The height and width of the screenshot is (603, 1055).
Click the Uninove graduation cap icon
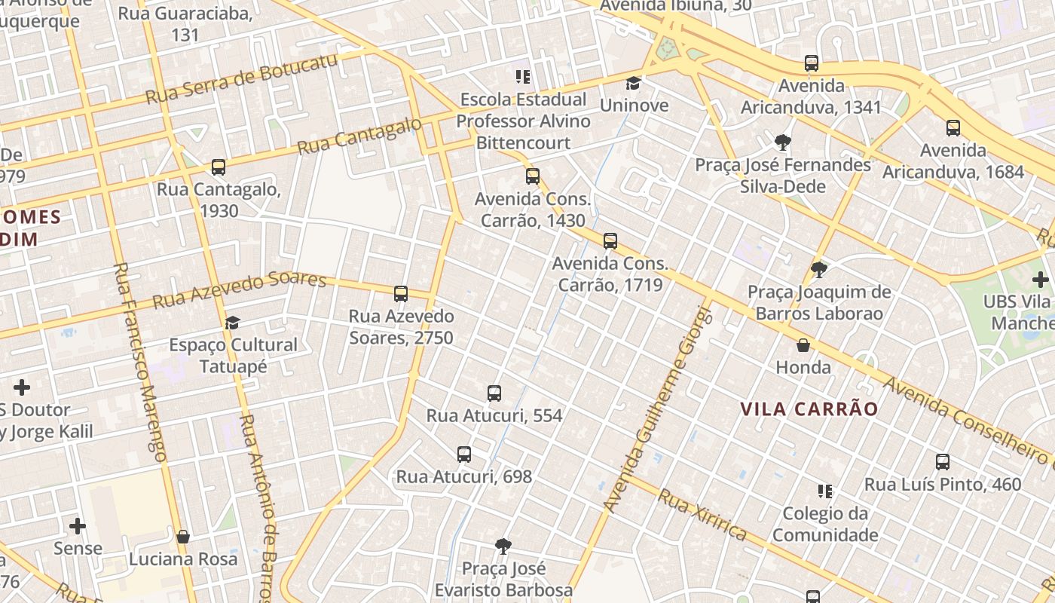633,83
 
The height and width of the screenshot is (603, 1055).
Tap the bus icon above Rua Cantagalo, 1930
219,167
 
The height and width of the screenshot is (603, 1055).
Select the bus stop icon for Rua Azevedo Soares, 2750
401,294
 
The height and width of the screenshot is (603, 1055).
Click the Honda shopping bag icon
803,345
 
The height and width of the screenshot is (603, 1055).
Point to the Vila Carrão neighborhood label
809,409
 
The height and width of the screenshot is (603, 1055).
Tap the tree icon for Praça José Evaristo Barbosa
503,546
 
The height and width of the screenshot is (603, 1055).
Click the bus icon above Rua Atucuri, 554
494,393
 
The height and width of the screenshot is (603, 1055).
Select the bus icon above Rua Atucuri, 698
464,455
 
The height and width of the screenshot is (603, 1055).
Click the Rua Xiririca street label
702,516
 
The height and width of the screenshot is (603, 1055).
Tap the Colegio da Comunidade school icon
825,491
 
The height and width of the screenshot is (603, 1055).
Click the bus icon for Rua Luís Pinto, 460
943,462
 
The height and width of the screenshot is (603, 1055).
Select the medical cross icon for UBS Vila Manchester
1041,280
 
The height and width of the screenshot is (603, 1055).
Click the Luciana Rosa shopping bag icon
182,537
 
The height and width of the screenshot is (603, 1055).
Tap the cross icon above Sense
78,525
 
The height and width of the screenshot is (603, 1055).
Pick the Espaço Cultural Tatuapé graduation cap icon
233,323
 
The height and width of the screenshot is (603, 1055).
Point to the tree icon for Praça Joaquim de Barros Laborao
819,269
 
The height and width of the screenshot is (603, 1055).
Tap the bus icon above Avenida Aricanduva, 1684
953,127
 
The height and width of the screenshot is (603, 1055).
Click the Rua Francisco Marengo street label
140,362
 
